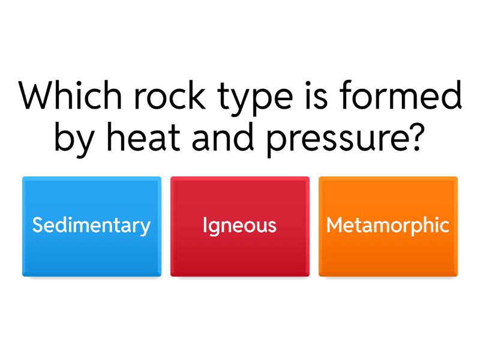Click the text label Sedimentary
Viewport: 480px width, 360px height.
(91, 226)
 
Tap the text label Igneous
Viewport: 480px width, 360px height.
(240, 226)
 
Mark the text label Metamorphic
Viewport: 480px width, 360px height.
(388, 226)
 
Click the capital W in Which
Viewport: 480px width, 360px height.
(33, 96)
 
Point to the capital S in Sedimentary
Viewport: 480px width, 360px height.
(37, 226)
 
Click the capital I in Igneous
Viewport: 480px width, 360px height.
(205, 226)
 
